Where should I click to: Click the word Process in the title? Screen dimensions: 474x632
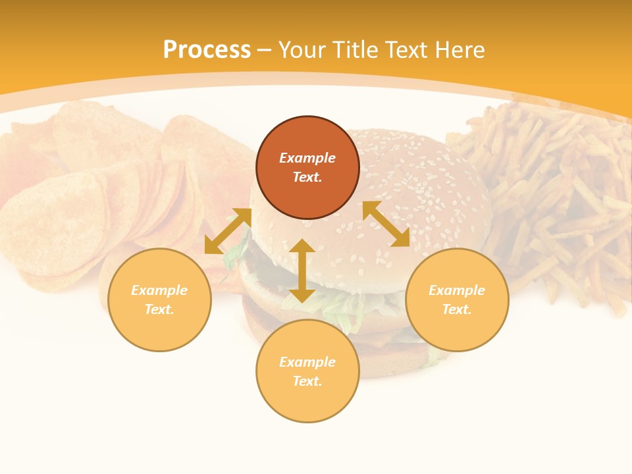(x=207, y=50)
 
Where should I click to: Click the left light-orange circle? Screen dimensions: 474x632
(x=159, y=300)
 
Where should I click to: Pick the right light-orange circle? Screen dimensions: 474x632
(x=457, y=300)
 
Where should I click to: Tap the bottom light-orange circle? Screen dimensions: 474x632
(x=307, y=371)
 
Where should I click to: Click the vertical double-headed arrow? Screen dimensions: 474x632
(x=302, y=271)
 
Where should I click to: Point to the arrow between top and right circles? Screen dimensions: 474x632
(x=386, y=224)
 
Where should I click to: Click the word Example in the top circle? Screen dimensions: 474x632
(x=307, y=158)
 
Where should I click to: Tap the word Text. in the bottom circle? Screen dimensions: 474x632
(x=307, y=381)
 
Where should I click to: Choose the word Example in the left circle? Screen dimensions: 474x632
(x=159, y=290)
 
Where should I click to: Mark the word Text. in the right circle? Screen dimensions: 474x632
(x=457, y=309)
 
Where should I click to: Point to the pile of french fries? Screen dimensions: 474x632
(x=553, y=197)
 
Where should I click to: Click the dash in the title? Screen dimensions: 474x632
(x=265, y=50)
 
